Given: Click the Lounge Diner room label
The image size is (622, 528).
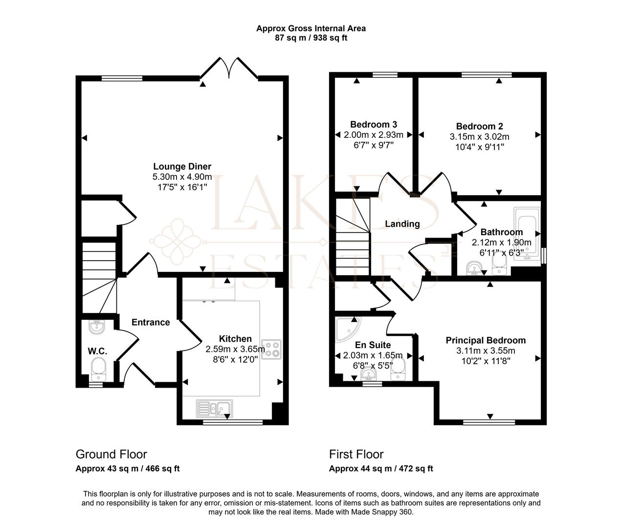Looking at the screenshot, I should point(182,167).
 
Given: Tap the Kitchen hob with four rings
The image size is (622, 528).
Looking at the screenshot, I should point(272,349).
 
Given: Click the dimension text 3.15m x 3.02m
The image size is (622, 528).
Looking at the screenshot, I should point(479,136).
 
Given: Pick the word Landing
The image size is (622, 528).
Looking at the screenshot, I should point(402,224).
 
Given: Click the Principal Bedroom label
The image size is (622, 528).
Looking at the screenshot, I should point(486,340).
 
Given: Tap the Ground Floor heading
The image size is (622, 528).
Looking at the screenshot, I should point(111,454).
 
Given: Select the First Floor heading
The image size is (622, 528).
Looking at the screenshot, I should point(356,454).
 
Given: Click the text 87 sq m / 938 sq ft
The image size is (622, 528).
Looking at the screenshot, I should point(311,38).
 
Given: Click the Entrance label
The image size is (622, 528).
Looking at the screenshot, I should point(151,322).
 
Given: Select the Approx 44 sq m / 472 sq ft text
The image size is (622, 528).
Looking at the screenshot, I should point(381,468).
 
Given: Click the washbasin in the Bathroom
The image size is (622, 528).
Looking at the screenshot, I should point(473,268).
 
